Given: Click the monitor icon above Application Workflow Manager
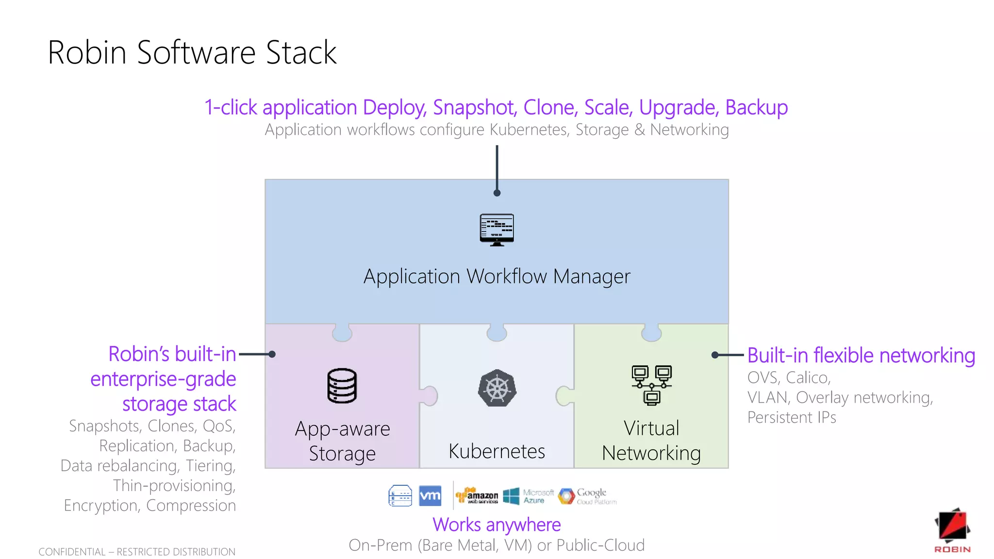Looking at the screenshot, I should click(497, 230).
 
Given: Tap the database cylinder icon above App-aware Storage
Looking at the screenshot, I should click(342, 386).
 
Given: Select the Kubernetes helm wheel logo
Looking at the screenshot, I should click(497, 388).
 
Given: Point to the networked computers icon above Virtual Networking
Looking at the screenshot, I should click(651, 385).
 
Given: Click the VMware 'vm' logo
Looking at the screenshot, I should click(430, 495).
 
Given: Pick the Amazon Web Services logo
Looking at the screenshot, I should click(477, 495).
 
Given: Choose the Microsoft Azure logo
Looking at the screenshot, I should click(529, 496).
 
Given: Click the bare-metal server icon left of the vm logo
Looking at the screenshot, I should click(400, 495).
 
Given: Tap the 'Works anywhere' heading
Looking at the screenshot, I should click(497, 525).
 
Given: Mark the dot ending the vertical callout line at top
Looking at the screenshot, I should click(497, 193).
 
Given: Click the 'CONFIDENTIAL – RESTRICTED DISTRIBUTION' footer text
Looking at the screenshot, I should click(137, 552).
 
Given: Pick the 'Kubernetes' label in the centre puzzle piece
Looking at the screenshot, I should click(497, 451).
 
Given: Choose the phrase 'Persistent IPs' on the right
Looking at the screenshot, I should click(792, 417).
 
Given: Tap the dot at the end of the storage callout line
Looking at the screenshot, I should click(272, 354).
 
